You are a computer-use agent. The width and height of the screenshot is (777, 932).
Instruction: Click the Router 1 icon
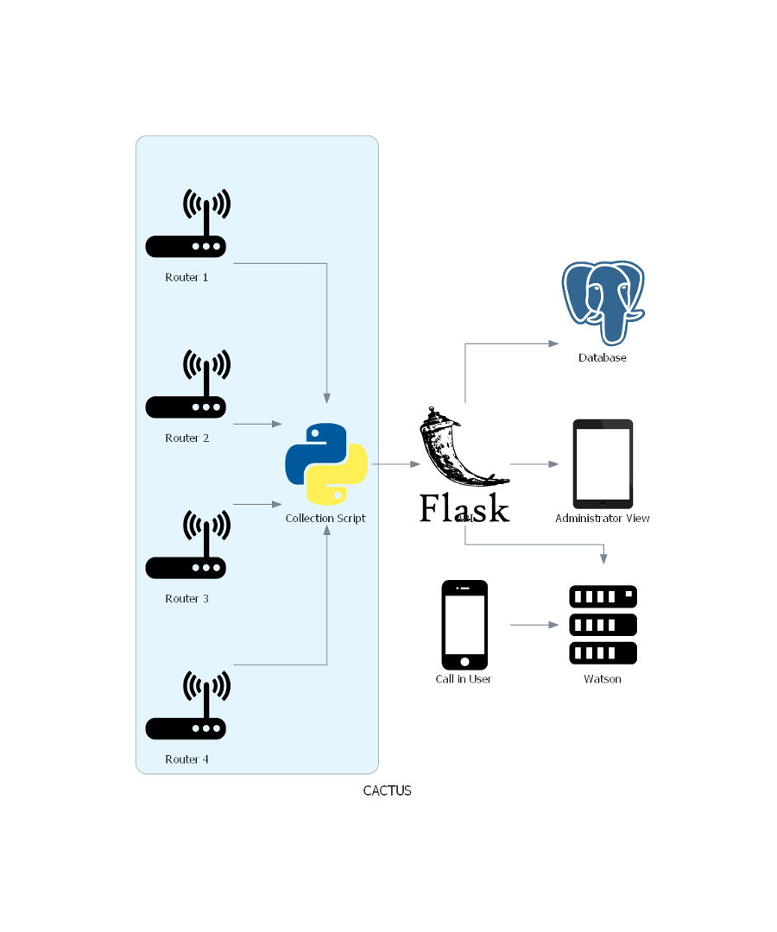pyautogui.click(x=186, y=226)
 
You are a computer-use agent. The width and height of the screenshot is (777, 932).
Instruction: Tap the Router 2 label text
pyautogui.click(x=187, y=438)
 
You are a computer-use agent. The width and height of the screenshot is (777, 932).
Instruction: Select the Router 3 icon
pyautogui.click(x=186, y=547)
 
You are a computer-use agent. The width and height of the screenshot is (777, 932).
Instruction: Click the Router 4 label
pyautogui.click(x=187, y=759)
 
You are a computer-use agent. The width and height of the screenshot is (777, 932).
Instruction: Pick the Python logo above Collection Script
pyautogui.click(x=326, y=464)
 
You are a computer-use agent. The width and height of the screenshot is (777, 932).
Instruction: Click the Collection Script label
pyautogui.click(x=325, y=519)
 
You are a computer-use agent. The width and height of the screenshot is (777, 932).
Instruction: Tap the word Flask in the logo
pyautogui.click(x=464, y=509)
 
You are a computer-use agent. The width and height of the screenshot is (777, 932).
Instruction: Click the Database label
pyautogui.click(x=603, y=357)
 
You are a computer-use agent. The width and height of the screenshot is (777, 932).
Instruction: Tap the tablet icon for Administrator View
pyautogui.click(x=603, y=464)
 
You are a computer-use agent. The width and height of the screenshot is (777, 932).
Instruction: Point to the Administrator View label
pyautogui.click(x=603, y=519)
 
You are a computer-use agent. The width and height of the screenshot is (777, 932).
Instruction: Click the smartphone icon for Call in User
pyautogui.click(x=464, y=625)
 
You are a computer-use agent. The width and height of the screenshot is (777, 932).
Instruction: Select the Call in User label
pyautogui.click(x=464, y=679)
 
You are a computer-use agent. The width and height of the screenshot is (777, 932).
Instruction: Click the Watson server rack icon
pyautogui.click(x=603, y=625)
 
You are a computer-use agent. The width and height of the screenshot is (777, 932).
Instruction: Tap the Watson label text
pyautogui.click(x=603, y=679)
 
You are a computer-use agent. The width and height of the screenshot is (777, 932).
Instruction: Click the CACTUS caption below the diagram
pyautogui.click(x=387, y=790)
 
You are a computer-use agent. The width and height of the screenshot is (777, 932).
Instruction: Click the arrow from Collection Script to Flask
pyautogui.click(x=395, y=464)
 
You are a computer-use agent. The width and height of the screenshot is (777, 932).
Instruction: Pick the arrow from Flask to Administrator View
pyautogui.click(x=535, y=464)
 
